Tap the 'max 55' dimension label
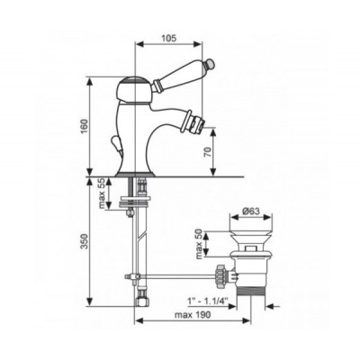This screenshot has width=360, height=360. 100,193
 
